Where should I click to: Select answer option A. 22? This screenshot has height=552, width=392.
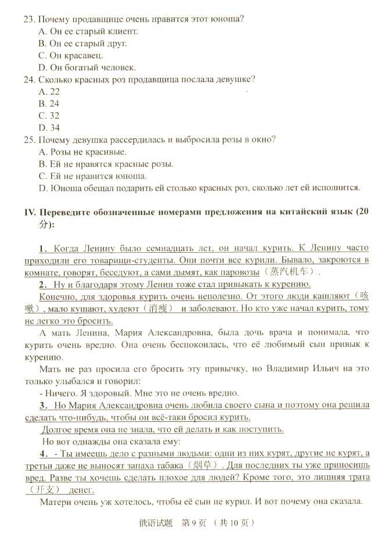(x=49, y=91)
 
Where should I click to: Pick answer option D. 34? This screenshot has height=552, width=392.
(x=49, y=127)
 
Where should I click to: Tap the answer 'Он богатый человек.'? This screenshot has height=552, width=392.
(x=87, y=67)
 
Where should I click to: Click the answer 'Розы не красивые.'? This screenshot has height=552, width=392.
(x=87, y=152)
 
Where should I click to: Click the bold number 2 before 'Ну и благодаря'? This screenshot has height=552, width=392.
(x=42, y=284)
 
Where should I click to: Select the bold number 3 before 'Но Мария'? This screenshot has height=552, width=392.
(x=42, y=405)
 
